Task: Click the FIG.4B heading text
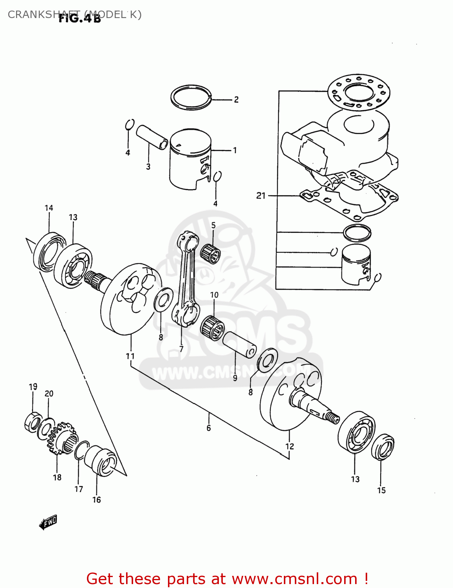pos(80,18)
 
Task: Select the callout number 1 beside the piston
pos(235,150)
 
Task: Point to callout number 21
pos(261,196)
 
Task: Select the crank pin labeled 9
pos(239,344)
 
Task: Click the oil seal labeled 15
pos(383,447)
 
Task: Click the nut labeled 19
pos(32,422)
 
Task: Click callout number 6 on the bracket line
pos(209,428)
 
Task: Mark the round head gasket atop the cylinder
pos(359,93)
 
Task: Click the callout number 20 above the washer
pos(49,394)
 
